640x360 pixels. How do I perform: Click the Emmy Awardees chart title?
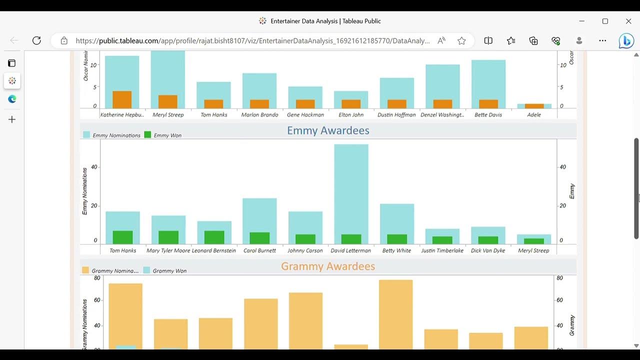[x=328, y=130]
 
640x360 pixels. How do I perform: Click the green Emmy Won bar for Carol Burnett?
[x=259, y=238]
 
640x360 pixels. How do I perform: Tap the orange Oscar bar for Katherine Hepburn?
[x=122, y=99]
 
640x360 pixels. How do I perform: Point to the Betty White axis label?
[x=396, y=250]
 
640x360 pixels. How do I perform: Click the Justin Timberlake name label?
[x=442, y=250]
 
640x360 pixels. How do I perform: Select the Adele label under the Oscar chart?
[x=533, y=114]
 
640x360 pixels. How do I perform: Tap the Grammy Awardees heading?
[x=328, y=266]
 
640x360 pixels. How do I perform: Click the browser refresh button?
[x=36, y=40]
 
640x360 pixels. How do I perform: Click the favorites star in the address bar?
[x=461, y=40]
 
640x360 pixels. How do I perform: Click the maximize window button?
[x=605, y=21]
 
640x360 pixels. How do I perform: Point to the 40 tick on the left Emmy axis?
[x=94, y=167]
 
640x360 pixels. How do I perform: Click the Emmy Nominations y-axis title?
[x=84, y=191]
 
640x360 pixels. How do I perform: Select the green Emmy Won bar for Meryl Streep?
[x=533, y=241]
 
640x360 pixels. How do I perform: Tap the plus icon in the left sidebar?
[x=12, y=119]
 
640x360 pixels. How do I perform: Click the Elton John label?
[x=351, y=114]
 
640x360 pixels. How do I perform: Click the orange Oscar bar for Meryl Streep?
[x=168, y=101]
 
